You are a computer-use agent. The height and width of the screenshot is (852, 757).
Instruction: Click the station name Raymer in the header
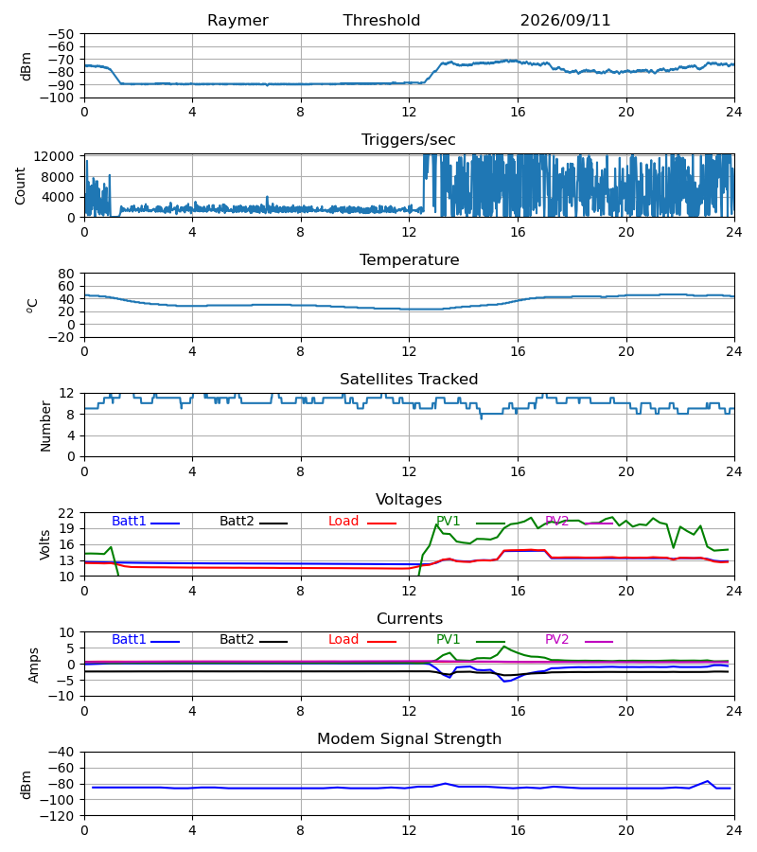[x=238, y=21]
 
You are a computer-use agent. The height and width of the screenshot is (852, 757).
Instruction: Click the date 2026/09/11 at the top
[x=565, y=21]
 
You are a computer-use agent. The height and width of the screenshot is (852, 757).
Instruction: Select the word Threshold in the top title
[x=381, y=21]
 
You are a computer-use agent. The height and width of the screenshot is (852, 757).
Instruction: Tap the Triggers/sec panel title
[x=409, y=140]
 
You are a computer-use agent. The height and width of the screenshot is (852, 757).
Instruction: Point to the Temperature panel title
[x=410, y=259]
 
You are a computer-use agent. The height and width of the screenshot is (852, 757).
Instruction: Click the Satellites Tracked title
[x=409, y=380]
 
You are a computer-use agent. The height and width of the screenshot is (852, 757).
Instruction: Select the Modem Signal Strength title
[x=410, y=739]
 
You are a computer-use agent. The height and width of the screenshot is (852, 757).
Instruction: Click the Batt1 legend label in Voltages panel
[x=129, y=521]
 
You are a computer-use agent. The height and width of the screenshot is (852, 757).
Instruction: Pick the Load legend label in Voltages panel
[x=343, y=521]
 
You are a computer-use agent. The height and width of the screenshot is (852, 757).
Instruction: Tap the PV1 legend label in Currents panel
[x=448, y=640]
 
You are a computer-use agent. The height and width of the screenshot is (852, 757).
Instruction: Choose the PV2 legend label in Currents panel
[x=556, y=640]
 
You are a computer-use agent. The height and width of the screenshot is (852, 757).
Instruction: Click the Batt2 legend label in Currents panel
[x=237, y=640]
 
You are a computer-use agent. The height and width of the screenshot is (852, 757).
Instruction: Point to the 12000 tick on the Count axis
[x=54, y=156]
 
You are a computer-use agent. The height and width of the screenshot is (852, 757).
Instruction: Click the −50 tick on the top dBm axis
[x=61, y=34]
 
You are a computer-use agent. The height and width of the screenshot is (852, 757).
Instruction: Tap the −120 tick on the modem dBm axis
[x=58, y=816]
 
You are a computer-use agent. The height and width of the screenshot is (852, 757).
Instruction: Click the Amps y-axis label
[x=34, y=666]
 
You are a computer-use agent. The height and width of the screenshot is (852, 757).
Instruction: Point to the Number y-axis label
[x=45, y=427]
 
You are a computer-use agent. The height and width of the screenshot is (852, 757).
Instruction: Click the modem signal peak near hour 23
[x=708, y=781]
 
